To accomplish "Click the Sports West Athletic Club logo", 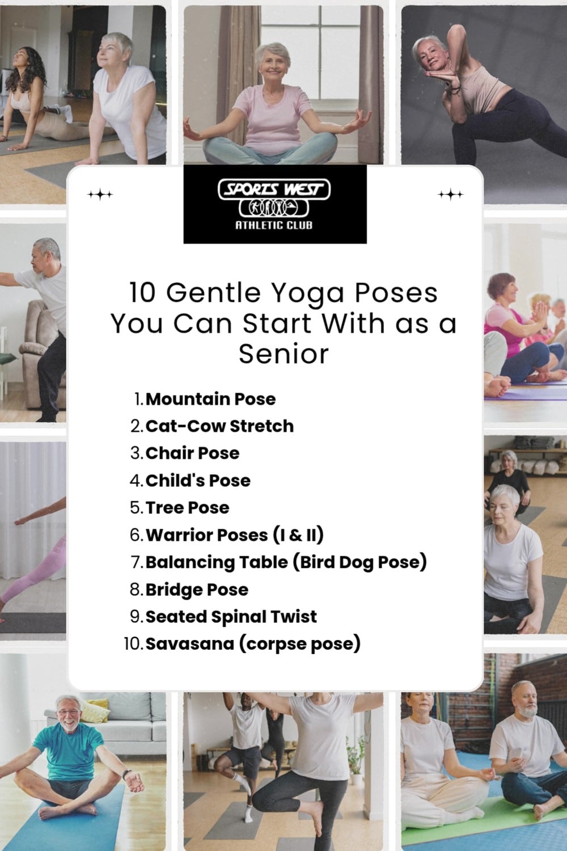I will click(x=275, y=204).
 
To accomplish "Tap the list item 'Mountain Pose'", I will click(x=210, y=399).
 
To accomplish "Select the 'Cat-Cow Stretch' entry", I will click(x=219, y=426).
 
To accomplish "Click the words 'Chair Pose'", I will click(x=192, y=453).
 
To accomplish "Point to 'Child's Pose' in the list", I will click(x=198, y=481).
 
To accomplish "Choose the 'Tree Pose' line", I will click(x=187, y=508).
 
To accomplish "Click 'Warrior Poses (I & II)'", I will click(x=235, y=535).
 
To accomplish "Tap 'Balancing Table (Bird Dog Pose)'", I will click(x=286, y=562).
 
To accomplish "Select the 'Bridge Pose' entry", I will click(x=197, y=589).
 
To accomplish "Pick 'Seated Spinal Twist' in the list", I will click(x=231, y=617).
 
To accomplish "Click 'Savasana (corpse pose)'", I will click(x=253, y=644).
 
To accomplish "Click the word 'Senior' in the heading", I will click(x=283, y=354).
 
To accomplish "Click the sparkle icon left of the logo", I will click(x=100, y=195).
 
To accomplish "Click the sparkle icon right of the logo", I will click(x=451, y=195).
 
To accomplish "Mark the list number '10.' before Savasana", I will click(x=133, y=644).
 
